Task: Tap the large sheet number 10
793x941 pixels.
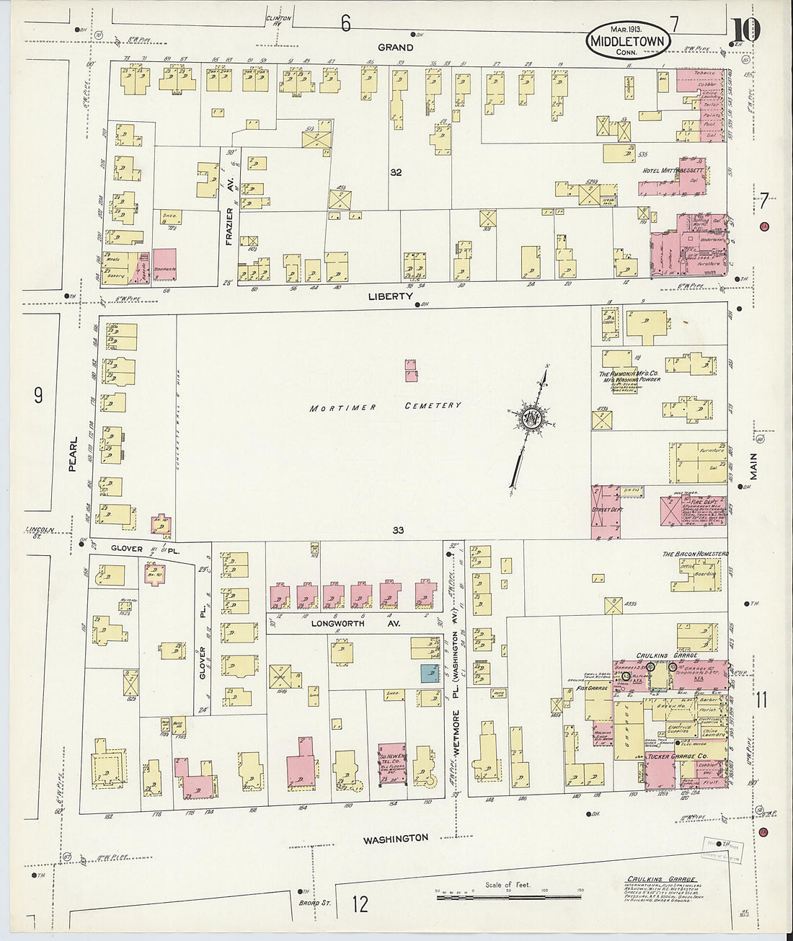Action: tap(745, 30)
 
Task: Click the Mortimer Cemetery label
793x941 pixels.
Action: tap(385, 407)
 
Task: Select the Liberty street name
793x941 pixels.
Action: tap(390, 296)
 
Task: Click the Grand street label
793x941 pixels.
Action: tap(396, 48)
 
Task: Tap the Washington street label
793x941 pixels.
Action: tap(395, 839)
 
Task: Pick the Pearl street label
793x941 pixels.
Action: tap(72, 456)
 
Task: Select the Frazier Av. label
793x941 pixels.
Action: tap(230, 226)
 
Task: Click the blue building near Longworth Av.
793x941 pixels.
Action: tap(430, 673)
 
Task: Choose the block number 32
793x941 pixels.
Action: tap(396, 172)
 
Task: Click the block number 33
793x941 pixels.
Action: tap(398, 530)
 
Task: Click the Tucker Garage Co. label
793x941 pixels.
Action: tap(670, 756)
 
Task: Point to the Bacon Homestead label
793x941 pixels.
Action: tap(695, 554)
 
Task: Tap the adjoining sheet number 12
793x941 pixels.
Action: tap(360, 903)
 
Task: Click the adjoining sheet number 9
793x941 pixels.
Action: tap(39, 394)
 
